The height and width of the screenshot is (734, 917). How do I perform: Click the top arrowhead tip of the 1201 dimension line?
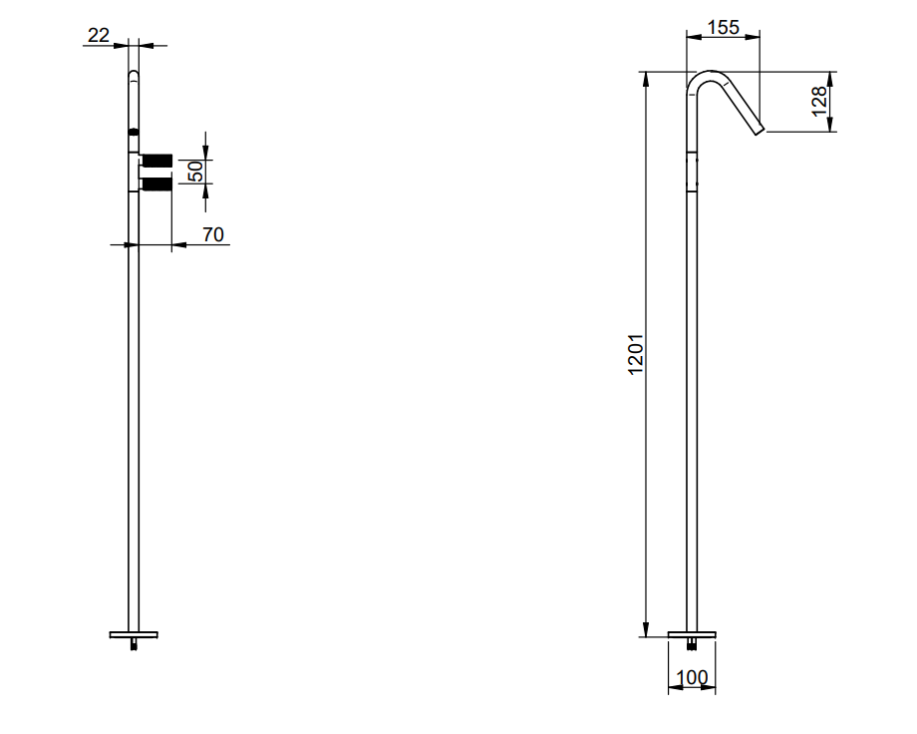(x=646, y=72)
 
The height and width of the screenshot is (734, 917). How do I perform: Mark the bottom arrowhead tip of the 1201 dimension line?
(x=646, y=637)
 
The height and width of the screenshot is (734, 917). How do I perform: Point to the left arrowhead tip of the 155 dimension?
(x=687, y=37)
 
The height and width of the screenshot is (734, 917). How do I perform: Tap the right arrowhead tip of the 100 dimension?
(x=716, y=686)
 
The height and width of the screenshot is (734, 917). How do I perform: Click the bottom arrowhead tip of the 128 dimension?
(x=830, y=131)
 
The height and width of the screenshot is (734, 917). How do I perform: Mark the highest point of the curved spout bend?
(x=710, y=71)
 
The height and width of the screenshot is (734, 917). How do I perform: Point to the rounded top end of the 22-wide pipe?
(x=134, y=72)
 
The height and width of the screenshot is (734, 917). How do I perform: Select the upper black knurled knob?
(x=156, y=161)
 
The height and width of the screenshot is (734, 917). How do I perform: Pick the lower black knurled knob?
(x=156, y=184)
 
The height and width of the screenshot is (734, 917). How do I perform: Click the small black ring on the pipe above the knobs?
(x=134, y=133)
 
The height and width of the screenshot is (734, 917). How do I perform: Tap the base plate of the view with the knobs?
(x=134, y=634)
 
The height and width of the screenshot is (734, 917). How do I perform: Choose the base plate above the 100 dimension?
(x=692, y=634)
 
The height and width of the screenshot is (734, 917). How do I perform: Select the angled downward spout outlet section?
(x=742, y=108)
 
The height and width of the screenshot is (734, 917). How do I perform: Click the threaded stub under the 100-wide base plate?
(x=692, y=644)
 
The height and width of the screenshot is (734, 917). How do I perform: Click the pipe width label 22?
(x=99, y=35)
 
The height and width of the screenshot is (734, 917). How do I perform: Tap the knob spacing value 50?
(x=196, y=172)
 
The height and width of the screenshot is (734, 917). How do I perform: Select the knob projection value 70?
(x=213, y=234)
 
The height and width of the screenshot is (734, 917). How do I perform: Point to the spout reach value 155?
(x=724, y=27)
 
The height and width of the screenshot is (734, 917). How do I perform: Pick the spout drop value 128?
(x=818, y=102)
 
